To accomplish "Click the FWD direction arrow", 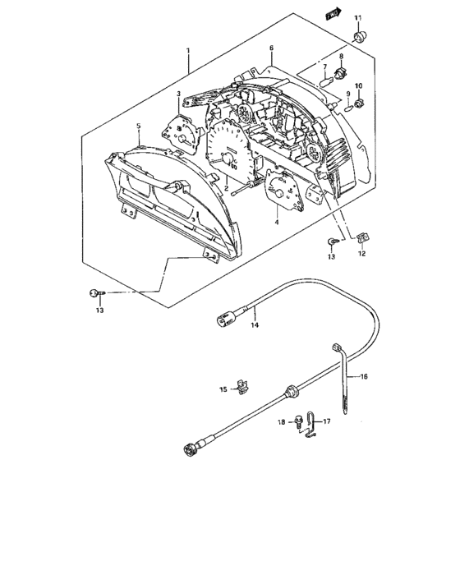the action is pos(333,14).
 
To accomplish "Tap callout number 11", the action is pos(357,17).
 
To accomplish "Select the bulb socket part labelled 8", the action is pos(341,74).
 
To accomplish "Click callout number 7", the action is pos(324,67).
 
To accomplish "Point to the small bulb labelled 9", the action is pos(349,109).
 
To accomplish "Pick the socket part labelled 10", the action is pos(359,103).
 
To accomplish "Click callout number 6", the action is pos(271,48).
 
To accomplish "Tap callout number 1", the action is pos(188,50).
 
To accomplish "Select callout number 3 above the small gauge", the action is pos(178,94).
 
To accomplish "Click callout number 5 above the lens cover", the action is pos(138,126).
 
